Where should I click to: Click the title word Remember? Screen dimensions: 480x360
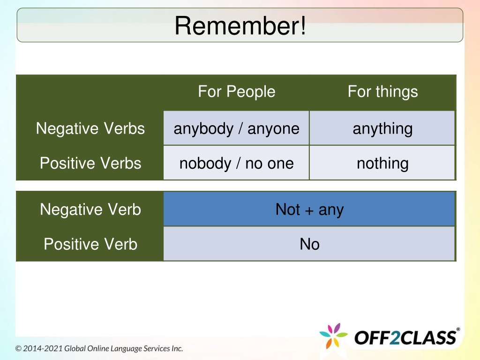240,26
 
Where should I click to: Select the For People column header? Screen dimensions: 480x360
237,91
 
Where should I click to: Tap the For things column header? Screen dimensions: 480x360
382,91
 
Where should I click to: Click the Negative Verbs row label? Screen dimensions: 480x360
90,128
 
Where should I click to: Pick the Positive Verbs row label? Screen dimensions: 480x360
90,163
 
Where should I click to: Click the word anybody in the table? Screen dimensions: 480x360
203,128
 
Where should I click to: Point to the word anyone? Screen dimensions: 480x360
273,129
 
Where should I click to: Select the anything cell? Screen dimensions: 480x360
382,128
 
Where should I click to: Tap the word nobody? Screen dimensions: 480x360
205,163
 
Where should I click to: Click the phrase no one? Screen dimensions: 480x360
270,164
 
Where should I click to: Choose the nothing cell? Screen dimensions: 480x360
382,163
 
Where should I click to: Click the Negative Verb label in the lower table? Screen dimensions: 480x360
90,210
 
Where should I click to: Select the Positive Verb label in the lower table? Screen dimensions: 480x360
90,244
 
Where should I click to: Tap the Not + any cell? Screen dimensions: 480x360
309,209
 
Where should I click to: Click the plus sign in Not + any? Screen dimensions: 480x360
309,210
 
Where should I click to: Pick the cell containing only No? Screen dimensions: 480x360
309,244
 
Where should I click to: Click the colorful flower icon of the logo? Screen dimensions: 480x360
333,336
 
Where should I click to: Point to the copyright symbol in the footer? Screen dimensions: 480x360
18,349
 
